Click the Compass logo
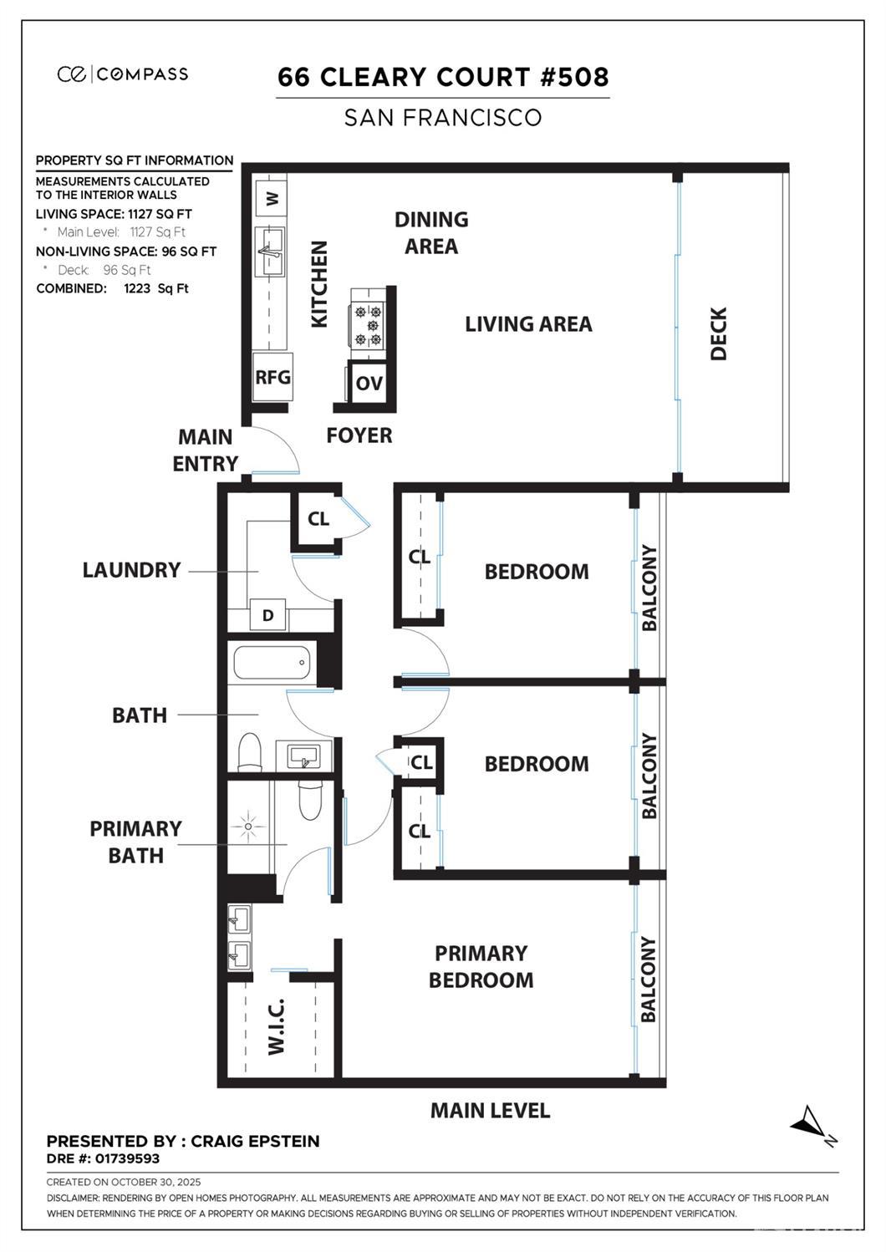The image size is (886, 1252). pos(123,74)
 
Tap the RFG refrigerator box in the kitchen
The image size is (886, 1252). pos(272,377)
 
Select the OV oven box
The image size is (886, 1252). pos(369,384)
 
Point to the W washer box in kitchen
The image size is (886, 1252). pos(272,199)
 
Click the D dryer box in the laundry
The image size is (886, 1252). pos(267,616)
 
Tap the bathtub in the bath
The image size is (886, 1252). pos(272,664)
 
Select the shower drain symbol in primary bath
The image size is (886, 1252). pos(248,827)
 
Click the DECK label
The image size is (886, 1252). pos(719,333)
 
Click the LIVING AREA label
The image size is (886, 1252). pos(528,324)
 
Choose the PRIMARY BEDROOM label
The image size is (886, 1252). pos(481,967)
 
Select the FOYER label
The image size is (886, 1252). pos(359,435)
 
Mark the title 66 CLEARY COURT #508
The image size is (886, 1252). pos(443,77)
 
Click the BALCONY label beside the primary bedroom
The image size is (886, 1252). pos(649,979)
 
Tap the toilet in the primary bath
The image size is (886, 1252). pos(310,800)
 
